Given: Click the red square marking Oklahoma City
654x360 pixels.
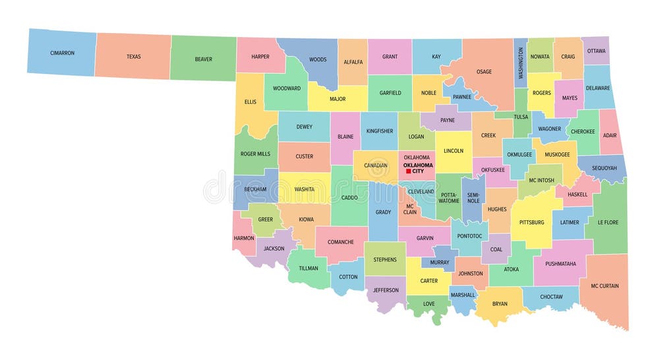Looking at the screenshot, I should pos(409,171).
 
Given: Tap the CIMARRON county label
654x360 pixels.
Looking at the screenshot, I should pos(62,53).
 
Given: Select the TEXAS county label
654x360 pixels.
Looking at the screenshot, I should pos(134,57).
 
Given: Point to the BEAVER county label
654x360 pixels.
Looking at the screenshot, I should pos(203,59).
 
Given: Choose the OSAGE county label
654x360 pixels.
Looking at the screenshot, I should pos(484,72).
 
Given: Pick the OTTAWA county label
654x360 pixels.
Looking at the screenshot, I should pos(596,51).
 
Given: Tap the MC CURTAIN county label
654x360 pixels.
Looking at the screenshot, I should pos(605,285).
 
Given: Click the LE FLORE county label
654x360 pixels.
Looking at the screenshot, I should pos(608,222).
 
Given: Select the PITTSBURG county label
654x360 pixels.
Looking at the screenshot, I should pos(531,222).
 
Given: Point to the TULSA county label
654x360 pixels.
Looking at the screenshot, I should pos(521,117).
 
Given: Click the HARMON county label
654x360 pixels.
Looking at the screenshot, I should pos(243,237).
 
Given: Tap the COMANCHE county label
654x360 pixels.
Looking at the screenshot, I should pos(340,242).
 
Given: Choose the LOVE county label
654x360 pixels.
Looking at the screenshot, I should pos(429,304).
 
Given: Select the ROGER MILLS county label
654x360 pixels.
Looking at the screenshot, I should pos(255,154).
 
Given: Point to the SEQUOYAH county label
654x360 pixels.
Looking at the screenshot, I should pos(604,168).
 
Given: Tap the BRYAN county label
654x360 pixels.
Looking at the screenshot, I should pos(500,304).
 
